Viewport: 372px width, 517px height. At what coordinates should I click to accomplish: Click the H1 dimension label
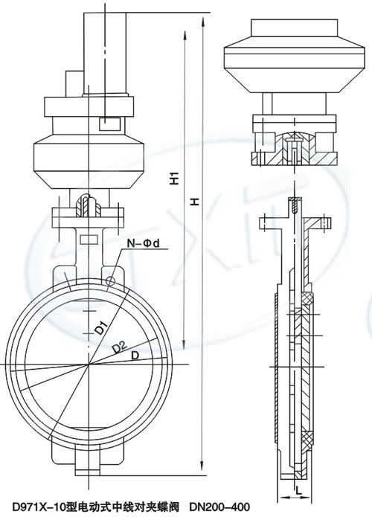(175, 178)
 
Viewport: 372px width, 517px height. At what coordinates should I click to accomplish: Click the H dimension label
(196, 202)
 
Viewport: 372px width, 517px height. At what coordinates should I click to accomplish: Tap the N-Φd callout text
(144, 243)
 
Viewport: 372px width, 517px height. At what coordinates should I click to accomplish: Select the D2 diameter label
(119, 347)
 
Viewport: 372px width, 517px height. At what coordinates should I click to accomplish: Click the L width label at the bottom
(298, 490)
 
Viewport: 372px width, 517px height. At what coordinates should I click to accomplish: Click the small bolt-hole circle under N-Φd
(111, 281)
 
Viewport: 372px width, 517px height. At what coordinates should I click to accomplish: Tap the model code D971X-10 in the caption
(37, 507)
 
